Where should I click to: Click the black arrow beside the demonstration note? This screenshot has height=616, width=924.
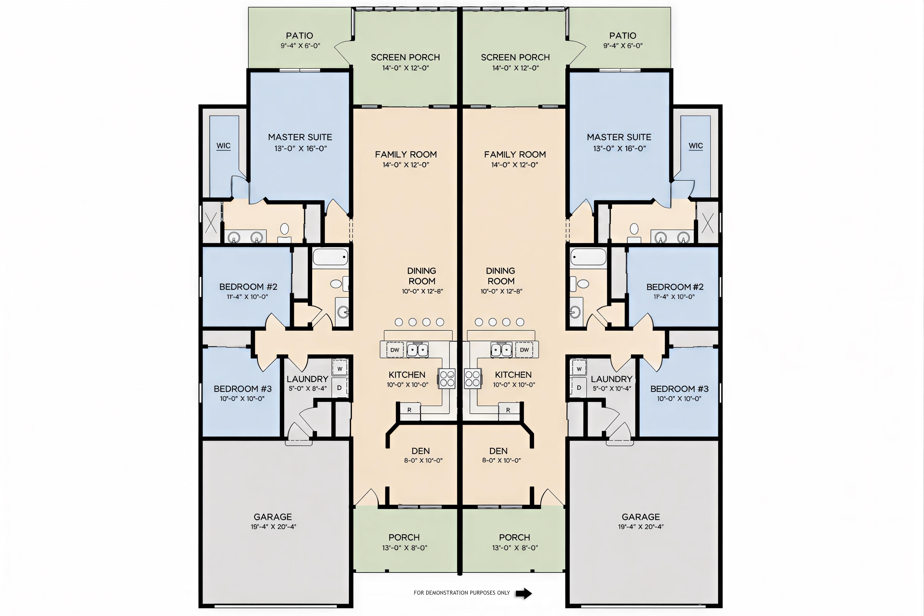click(524, 593)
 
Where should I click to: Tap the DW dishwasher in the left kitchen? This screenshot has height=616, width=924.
click(394, 350)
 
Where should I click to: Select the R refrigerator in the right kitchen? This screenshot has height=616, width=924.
click(508, 410)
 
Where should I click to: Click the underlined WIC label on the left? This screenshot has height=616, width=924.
click(224, 146)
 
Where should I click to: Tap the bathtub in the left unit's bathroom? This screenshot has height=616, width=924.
click(330, 257)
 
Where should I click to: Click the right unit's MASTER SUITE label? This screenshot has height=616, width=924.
click(619, 137)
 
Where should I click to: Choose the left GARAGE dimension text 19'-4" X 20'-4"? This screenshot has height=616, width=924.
click(273, 527)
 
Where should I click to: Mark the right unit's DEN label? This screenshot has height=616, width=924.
click(498, 451)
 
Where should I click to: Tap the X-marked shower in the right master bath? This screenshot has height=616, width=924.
click(708, 223)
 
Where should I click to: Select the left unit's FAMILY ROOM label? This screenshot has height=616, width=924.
click(406, 154)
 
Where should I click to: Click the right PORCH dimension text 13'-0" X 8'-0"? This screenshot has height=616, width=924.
click(515, 548)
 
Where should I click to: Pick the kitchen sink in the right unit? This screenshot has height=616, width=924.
click(502, 349)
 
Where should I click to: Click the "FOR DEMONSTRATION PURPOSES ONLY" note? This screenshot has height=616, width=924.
click(462, 593)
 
